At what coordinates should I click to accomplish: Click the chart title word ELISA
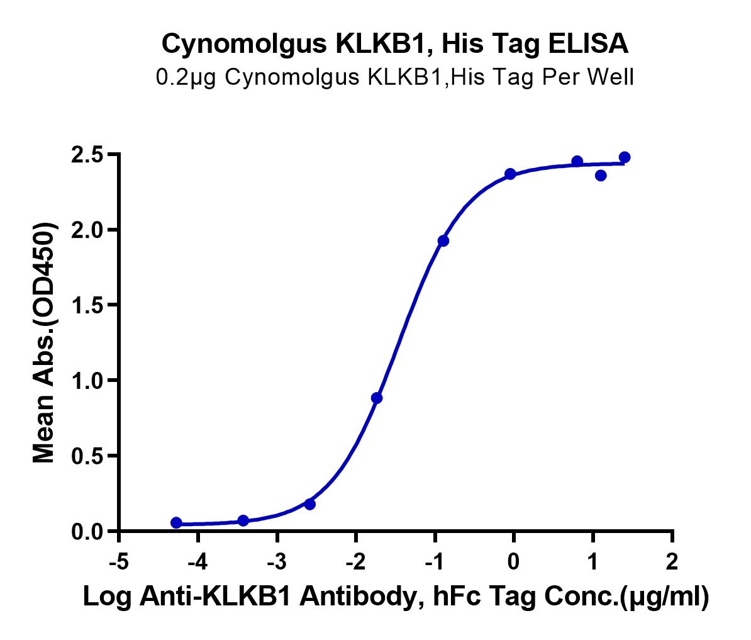[588, 43]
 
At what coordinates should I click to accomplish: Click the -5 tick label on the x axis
[119, 561]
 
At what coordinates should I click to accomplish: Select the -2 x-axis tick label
[355, 561]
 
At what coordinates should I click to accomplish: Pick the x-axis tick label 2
[672, 561]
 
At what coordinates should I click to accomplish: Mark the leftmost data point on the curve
[176, 522]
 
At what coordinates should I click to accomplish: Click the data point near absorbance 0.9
[377, 398]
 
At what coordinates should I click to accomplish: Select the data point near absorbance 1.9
[443, 240]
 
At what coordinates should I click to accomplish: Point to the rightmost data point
[625, 157]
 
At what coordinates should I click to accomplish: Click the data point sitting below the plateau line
[601, 176]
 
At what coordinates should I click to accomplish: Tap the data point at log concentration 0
[511, 174]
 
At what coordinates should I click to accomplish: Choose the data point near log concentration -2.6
[310, 504]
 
